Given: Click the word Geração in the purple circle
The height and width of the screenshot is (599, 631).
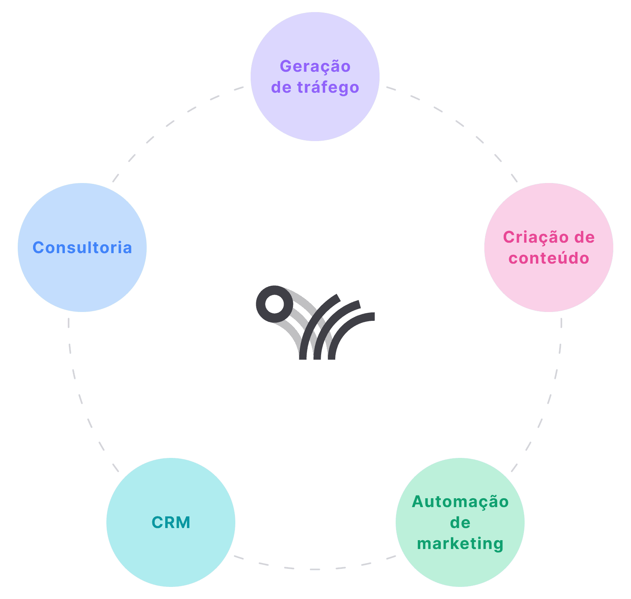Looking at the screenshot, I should (315, 67).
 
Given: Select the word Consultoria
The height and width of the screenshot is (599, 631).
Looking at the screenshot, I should (82, 248).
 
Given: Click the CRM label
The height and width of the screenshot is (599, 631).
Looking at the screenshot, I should (171, 522).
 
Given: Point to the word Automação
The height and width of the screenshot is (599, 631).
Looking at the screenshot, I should (460, 502).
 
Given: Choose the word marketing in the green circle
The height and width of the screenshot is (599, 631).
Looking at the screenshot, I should (460, 544).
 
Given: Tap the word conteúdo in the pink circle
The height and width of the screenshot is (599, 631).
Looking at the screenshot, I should (549, 258).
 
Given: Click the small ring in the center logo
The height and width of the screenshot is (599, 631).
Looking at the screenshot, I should (275, 304).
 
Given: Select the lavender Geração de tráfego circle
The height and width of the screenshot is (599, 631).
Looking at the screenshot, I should (315, 117).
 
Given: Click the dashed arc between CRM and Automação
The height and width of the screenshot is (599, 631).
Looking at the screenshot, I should (315, 569).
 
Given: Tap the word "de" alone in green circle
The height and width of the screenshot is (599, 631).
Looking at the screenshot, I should (460, 523).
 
